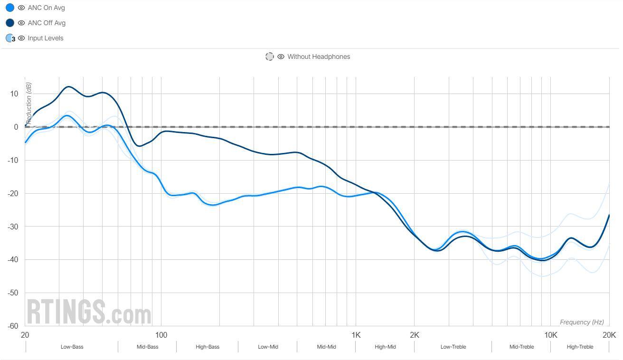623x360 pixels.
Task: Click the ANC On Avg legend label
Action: pyautogui.click(x=46, y=8)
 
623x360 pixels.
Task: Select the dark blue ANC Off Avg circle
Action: pyautogui.click(x=9, y=23)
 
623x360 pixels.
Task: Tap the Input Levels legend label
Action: pyautogui.click(x=45, y=38)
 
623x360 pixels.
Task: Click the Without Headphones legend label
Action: pyautogui.click(x=318, y=57)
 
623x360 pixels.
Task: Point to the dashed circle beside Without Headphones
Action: pyautogui.click(x=270, y=57)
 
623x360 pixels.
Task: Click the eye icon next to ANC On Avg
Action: pyautogui.click(x=21, y=8)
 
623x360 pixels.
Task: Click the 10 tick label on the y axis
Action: pyautogui.click(x=14, y=94)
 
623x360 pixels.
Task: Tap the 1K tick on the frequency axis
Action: pyautogui.click(x=356, y=335)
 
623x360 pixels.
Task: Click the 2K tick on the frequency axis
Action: pyautogui.click(x=415, y=335)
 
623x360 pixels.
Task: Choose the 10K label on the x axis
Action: pyautogui.click(x=551, y=335)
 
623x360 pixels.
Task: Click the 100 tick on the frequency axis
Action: pyautogui.click(x=161, y=335)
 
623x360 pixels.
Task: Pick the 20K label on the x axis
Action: pyautogui.click(x=609, y=335)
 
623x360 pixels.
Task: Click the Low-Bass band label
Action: pyautogui.click(x=72, y=347)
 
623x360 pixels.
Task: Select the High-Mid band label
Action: pyautogui.click(x=385, y=347)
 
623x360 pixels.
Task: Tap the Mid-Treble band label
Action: pyautogui.click(x=521, y=347)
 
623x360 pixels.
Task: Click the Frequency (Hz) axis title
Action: pyautogui.click(x=582, y=322)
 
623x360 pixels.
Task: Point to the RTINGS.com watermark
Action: pyautogui.click(x=89, y=312)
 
